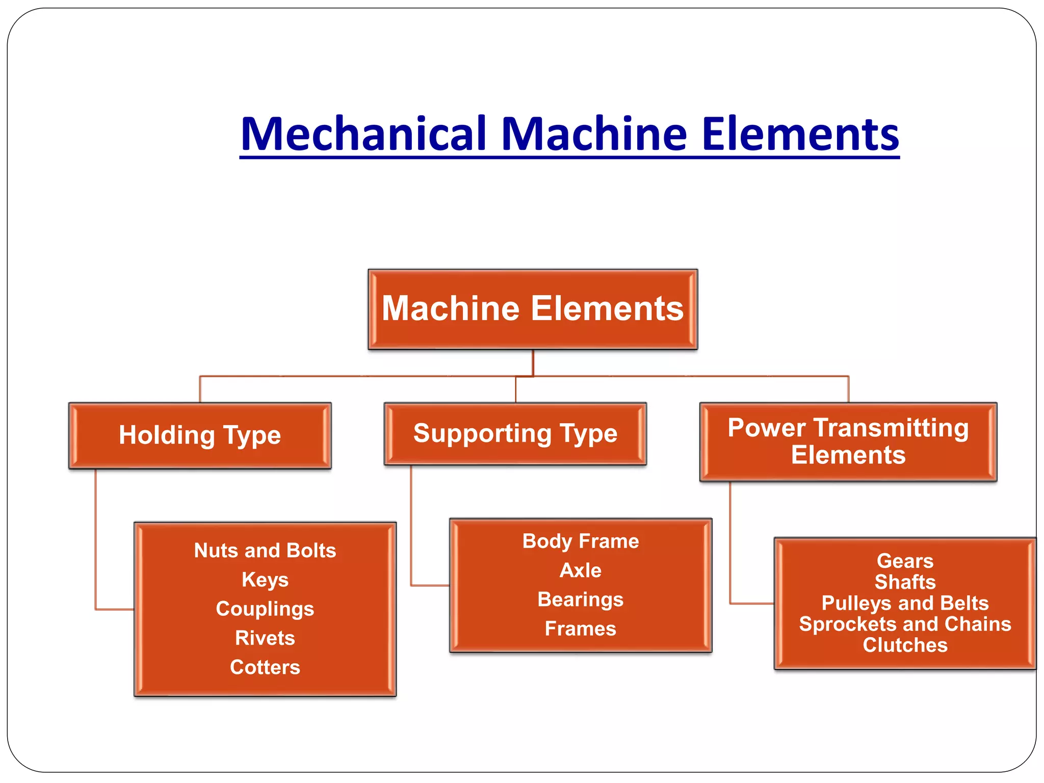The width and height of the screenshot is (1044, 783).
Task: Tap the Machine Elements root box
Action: [x=533, y=309]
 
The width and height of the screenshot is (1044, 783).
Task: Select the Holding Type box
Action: [x=200, y=435]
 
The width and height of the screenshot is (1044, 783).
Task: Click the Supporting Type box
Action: [x=515, y=434]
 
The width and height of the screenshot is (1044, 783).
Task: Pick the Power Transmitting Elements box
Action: [x=848, y=441]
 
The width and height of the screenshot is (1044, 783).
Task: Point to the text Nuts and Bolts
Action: [x=265, y=551]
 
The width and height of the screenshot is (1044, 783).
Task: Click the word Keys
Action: [x=265, y=580]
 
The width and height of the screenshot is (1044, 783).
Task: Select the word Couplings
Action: [x=265, y=609]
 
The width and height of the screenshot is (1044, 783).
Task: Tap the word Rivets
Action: [x=265, y=638]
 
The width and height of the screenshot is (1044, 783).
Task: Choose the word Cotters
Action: [x=265, y=667]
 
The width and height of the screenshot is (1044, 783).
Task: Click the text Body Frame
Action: [x=580, y=541]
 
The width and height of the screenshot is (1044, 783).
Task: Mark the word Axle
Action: [x=580, y=570]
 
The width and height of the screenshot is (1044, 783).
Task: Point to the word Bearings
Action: [x=580, y=599]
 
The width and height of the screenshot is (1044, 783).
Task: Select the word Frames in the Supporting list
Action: [x=580, y=629]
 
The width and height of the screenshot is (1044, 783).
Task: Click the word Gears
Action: [x=905, y=561]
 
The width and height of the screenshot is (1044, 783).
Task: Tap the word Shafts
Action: [x=905, y=582]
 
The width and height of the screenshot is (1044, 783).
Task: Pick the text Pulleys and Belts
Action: [x=905, y=603]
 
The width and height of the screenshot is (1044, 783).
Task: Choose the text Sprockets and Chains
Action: [x=905, y=624]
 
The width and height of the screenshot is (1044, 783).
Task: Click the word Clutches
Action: [x=905, y=645]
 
